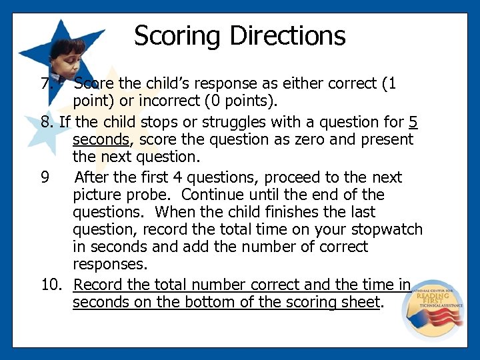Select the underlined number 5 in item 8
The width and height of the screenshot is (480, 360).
[x=413, y=122]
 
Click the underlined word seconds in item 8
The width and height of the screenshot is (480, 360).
[x=101, y=140]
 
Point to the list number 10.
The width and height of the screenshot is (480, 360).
[x=51, y=285]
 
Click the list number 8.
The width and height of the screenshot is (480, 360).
[x=47, y=122]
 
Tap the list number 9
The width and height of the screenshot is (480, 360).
[x=45, y=177]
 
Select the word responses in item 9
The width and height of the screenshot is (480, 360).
[x=110, y=264]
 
